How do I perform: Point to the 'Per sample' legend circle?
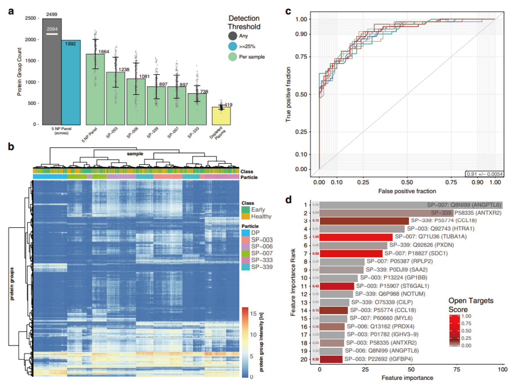[232, 57]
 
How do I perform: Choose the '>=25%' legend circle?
[232, 46]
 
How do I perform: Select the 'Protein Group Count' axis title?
[19, 71]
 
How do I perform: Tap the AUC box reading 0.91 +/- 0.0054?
[484, 174]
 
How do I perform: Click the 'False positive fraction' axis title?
[407, 191]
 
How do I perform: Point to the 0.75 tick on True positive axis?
[301, 57]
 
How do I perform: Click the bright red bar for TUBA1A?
[356, 237]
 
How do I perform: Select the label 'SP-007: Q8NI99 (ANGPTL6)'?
[464, 205]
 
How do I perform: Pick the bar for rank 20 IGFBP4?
[331, 359]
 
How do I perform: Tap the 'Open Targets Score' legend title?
[471, 305]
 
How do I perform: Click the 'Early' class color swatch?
[245, 210]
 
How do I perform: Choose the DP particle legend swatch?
[245, 233]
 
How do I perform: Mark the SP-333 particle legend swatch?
[245, 260]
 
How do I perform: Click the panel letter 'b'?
[11, 147]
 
